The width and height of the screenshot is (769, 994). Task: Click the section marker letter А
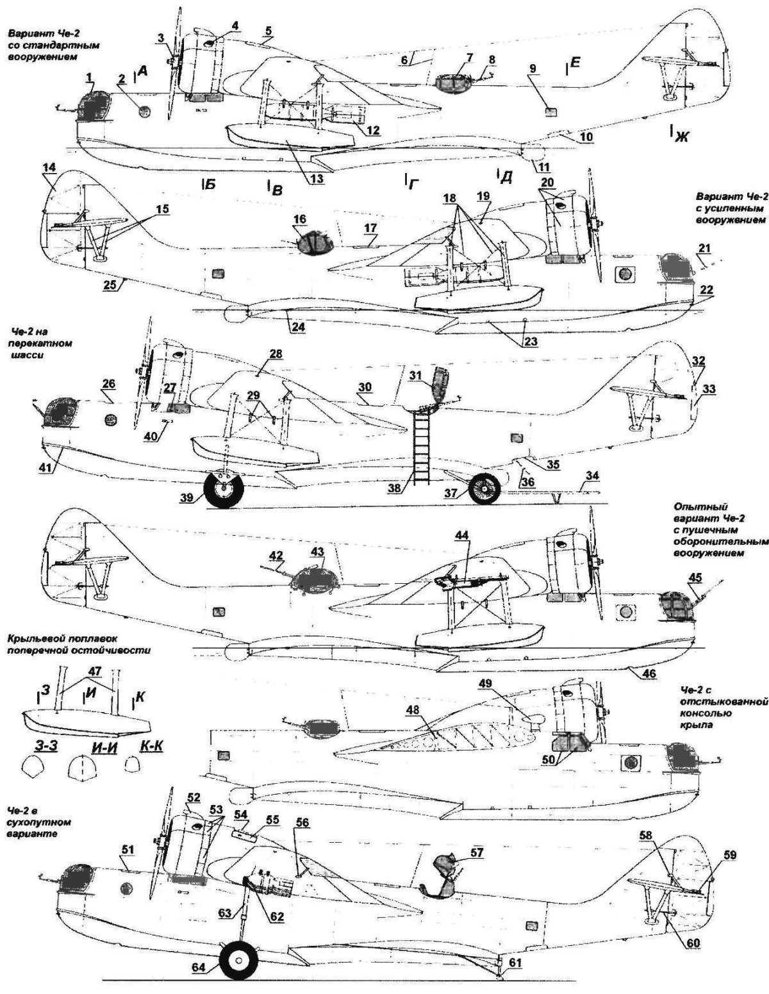[x=142, y=75]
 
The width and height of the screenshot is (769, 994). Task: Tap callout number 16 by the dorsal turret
[x=300, y=219]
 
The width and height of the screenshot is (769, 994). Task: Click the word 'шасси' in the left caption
[x=26, y=355]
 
